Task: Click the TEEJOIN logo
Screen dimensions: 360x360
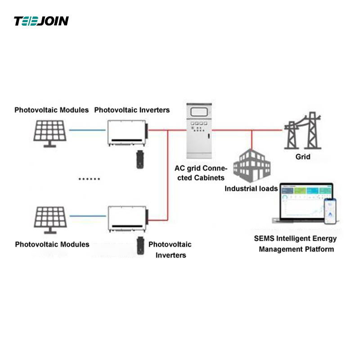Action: coord(41,21)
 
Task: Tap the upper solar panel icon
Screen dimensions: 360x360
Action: coord(50,131)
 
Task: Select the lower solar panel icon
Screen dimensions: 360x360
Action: coord(50,220)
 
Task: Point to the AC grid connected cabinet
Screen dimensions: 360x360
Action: coord(198,130)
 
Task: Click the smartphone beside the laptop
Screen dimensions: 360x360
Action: coord(331,211)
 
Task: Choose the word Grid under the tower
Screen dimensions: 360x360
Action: coord(303,157)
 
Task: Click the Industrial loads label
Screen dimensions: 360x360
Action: coord(251,189)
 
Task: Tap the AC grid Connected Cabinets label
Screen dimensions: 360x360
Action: coord(200,173)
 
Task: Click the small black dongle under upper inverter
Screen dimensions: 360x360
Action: coord(139,160)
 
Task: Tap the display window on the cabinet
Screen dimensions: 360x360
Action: coord(198,113)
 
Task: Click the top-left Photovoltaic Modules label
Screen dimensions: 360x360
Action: coord(52,110)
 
